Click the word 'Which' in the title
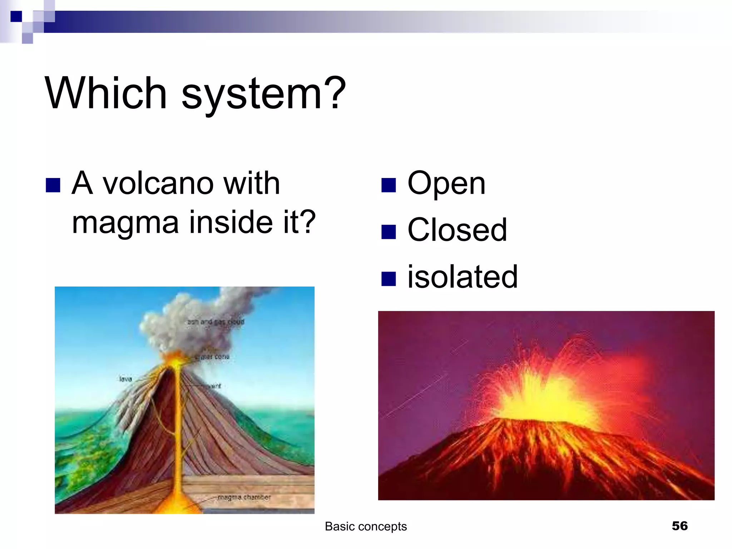point(106,94)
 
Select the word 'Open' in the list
point(446,184)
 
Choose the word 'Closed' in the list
point(457,230)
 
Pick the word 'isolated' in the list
point(463,277)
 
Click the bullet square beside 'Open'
point(389,185)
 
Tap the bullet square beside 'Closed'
point(389,232)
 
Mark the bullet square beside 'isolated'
point(389,279)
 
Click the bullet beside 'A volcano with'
point(53,185)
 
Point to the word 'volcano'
point(159,184)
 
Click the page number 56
point(679,526)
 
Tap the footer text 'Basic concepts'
point(366,526)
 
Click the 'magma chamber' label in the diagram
point(244,497)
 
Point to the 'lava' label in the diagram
point(125,379)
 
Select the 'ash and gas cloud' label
point(216,322)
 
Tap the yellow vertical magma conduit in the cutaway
point(176,429)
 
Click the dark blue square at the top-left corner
point(16,16)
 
